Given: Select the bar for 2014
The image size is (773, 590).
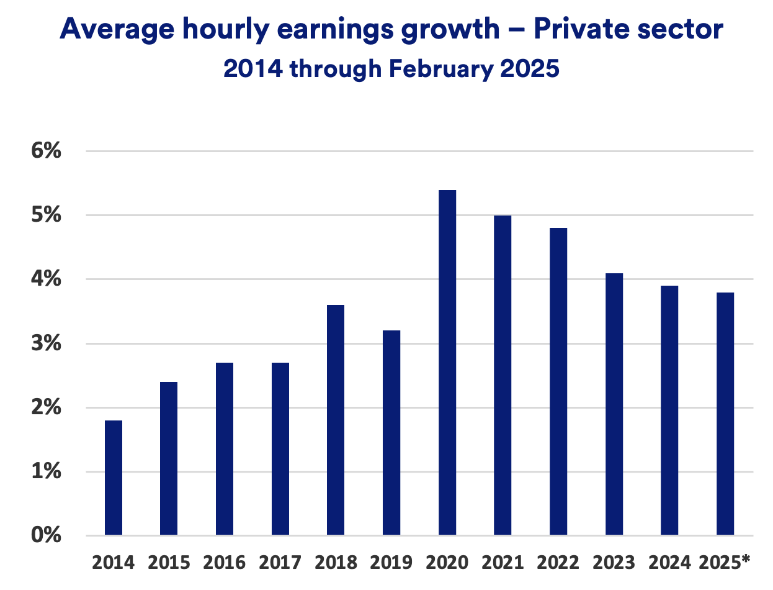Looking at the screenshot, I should click(114, 478).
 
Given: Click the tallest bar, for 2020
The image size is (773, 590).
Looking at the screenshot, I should click(447, 363).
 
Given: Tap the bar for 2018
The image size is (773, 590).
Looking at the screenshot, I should click(336, 420).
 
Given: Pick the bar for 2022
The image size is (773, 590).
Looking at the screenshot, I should click(558, 381).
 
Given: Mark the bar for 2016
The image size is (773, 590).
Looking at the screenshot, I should click(225, 448).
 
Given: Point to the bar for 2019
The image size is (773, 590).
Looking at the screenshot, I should click(391, 433).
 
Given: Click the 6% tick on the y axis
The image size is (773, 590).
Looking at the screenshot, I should click(47, 151).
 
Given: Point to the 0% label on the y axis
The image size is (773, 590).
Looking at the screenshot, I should click(47, 535).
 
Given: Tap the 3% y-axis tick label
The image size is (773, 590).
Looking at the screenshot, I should click(47, 343).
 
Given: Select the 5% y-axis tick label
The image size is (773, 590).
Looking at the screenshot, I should click(47, 216).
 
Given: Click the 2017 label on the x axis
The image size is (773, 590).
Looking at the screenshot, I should click(280, 563).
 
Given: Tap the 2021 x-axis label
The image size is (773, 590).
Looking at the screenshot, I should click(503, 563).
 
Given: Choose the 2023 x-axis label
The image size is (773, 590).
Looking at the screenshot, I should click(614, 563).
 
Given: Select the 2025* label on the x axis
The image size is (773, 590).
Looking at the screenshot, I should click(725, 563).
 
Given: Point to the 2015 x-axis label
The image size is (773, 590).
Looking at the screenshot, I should click(169, 563).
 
